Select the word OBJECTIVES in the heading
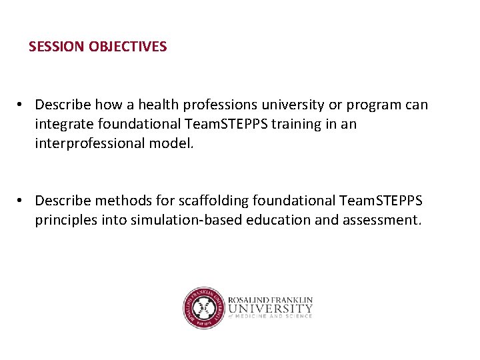point(127,47)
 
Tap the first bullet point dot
point(22,105)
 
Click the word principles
point(65,220)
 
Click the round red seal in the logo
point(203,308)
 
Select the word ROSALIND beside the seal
point(250,300)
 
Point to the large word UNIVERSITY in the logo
point(269,309)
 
